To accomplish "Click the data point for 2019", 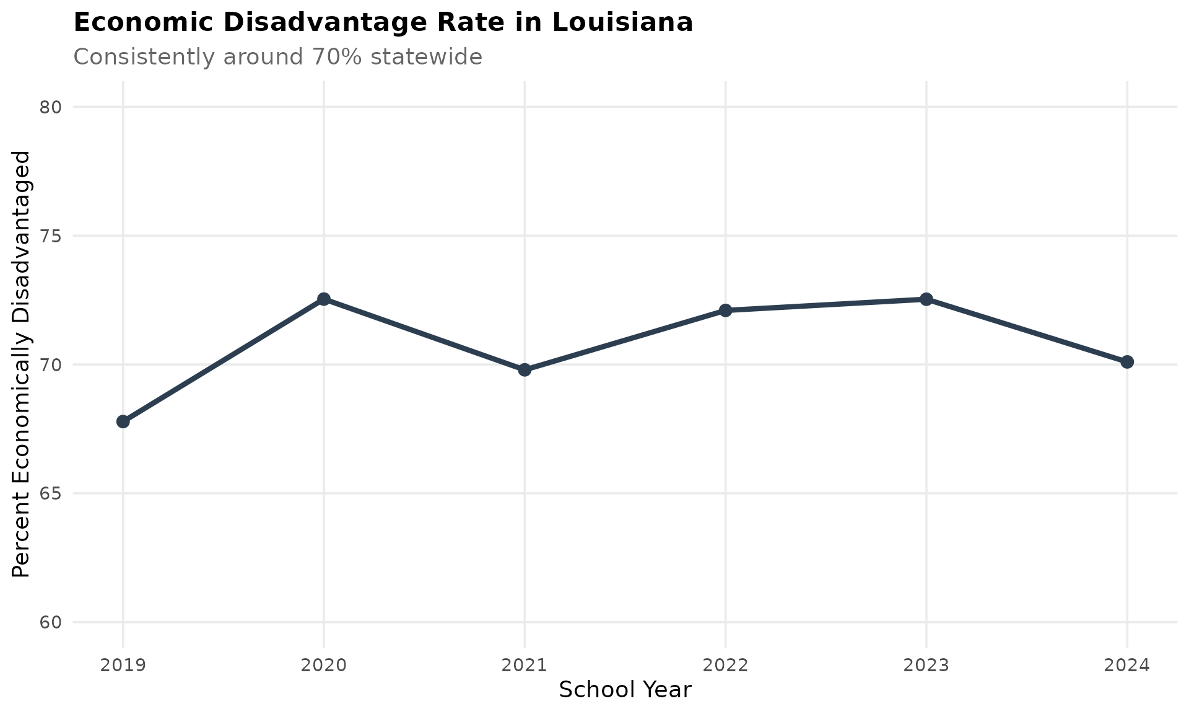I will tap(123, 421).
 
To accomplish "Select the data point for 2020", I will tap(323, 299).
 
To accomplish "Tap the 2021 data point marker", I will tap(525, 370).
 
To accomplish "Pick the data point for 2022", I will tap(725, 310).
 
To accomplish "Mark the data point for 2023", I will tap(926, 299).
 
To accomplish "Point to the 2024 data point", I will tap(1127, 362).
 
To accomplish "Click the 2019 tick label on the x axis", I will tap(123, 666).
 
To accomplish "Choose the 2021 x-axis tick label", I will tap(525, 666).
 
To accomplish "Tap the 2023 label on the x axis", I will tap(926, 666).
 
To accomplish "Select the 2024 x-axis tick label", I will tap(1127, 666).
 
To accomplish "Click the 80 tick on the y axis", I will tap(51, 107).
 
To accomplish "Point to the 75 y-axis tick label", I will tap(51, 236).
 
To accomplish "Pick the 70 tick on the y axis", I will tap(51, 365).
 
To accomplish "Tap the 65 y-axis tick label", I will tap(51, 494).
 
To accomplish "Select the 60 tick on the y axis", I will tap(51, 622).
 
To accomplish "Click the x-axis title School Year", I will tap(625, 690).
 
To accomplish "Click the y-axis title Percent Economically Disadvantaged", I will tap(21, 364).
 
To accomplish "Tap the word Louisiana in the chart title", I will tap(622, 23).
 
